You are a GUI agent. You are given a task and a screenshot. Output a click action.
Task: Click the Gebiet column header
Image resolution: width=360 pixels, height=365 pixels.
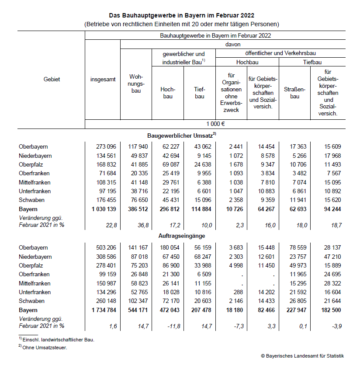tap(52, 80)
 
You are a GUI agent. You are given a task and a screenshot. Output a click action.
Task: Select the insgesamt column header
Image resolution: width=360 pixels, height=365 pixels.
tap(103, 80)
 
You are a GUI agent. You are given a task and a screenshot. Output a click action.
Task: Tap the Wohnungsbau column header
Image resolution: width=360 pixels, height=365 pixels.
tap(136, 83)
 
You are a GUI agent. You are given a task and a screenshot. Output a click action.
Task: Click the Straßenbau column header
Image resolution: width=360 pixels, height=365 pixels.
tap(294, 93)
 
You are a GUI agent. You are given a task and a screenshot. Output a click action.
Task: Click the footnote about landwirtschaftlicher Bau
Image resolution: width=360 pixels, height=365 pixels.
tap(58, 340)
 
